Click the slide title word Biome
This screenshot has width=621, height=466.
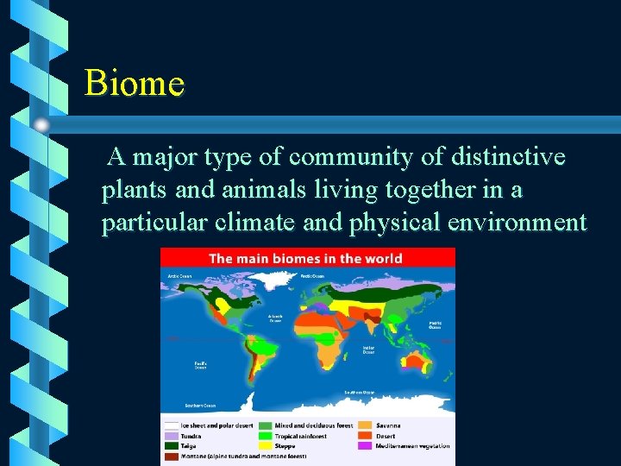(135, 84)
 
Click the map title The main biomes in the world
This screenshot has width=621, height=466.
(305, 258)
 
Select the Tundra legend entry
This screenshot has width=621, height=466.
(191, 436)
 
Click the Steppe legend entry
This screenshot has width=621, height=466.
(285, 446)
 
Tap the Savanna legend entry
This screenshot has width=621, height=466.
(389, 425)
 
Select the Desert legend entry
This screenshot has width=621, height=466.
(386, 436)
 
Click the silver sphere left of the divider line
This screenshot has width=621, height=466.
(42, 125)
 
